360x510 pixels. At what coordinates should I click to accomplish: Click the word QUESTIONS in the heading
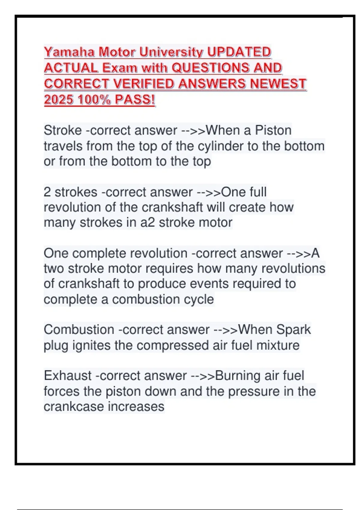coord(210,68)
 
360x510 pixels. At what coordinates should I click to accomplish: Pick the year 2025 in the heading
coord(59,100)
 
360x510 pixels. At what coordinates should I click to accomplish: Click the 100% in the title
coord(94,100)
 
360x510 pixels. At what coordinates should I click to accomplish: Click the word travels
coord(63,146)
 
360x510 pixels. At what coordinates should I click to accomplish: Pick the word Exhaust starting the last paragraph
coord(67,376)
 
